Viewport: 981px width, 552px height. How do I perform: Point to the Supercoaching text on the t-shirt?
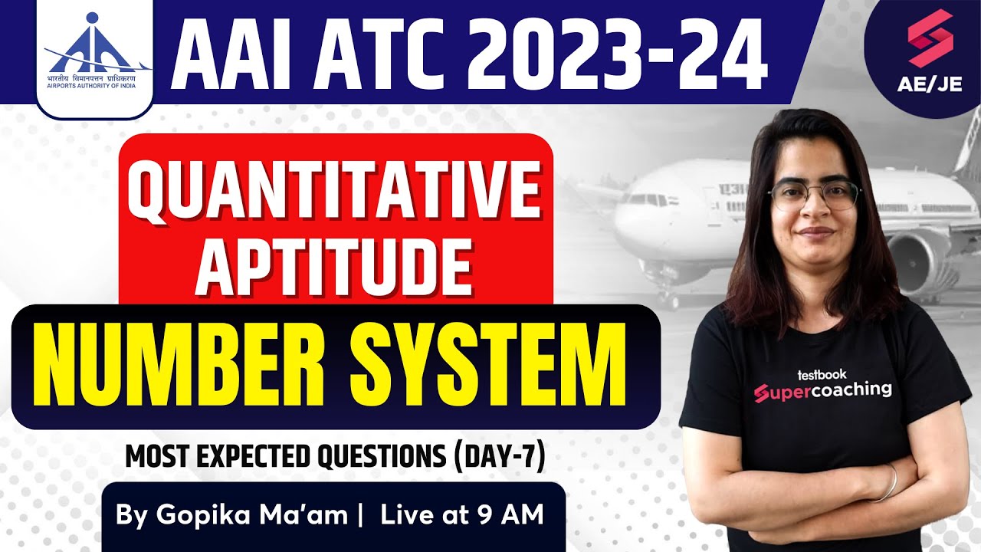coord(822,390)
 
